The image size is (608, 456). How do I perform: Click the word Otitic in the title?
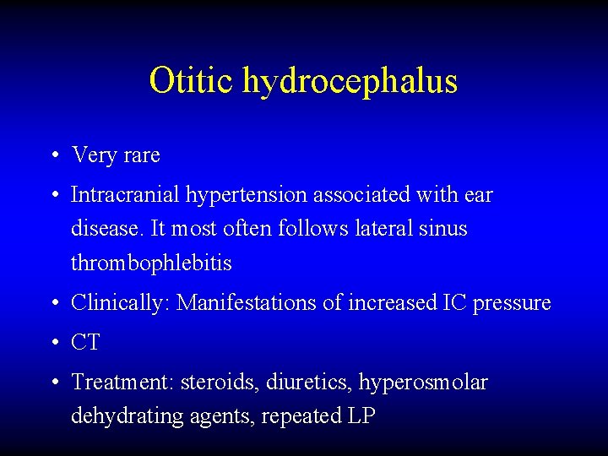[192, 80]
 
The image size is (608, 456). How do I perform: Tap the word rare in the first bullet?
[140, 155]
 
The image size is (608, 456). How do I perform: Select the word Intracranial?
[123, 195]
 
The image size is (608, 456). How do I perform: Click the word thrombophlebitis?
[151, 263]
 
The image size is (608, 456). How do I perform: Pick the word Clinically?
[121, 303]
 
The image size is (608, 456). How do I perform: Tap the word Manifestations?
[247, 302]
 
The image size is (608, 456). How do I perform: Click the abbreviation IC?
[453, 302]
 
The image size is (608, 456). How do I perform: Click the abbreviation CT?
[85, 343]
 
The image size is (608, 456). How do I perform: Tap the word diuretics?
[296, 383]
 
